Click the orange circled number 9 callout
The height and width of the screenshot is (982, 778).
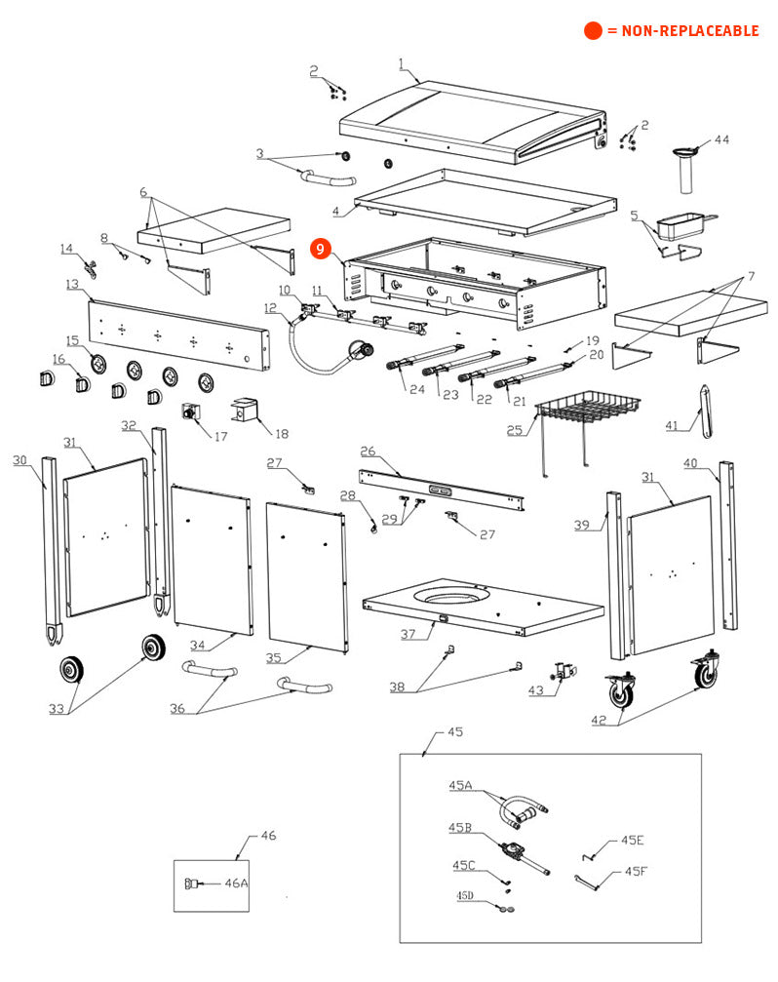coord(323,250)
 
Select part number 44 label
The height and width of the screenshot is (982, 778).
coord(720,140)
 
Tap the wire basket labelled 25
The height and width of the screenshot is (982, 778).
coord(584,411)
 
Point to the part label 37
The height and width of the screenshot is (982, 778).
coord(409,634)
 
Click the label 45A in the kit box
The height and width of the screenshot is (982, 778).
coord(460,785)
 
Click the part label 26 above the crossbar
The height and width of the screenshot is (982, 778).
coord(368,452)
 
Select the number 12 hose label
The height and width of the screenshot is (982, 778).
coord(270,308)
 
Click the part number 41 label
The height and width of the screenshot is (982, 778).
coord(672,425)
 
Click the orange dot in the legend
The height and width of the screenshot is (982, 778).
coord(593,30)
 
